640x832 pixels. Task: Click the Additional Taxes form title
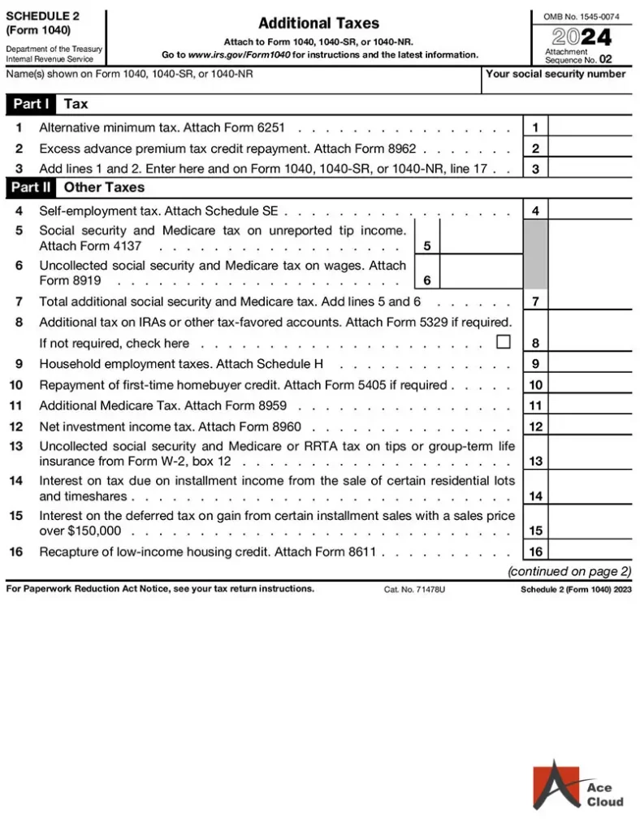pyautogui.click(x=318, y=24)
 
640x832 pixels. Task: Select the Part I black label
pyautogui.click(x=31, y=104)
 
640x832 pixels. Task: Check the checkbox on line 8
pyautogui.click(x=504, y=342)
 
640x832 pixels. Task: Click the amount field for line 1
pyautogui.click(x=590, y=128)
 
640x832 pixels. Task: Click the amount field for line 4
pyautogui.click(x=590, y=211)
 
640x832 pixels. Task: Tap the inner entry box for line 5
pyautogui.click(x=481, y=237)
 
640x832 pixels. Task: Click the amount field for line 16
pyautogui.click(x=590, y=552)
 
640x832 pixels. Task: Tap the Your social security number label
pyautogui.click(x=556, y=74)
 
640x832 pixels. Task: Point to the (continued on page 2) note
pyautogui.click(x=569, y=571)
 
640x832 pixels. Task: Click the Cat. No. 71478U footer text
pyautogui.click(x=414, y=589)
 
